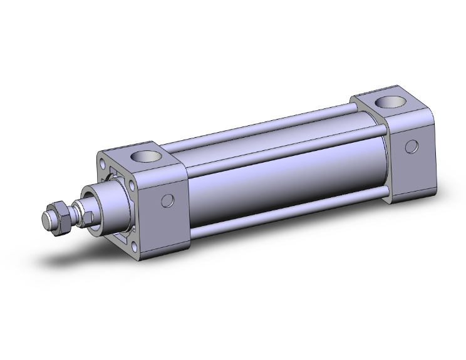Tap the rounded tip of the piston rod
point(46,220)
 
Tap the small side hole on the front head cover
point(167,200)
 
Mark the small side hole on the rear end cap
point(411,147)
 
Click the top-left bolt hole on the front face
point(103,164)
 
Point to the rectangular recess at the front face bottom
point(119,235)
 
